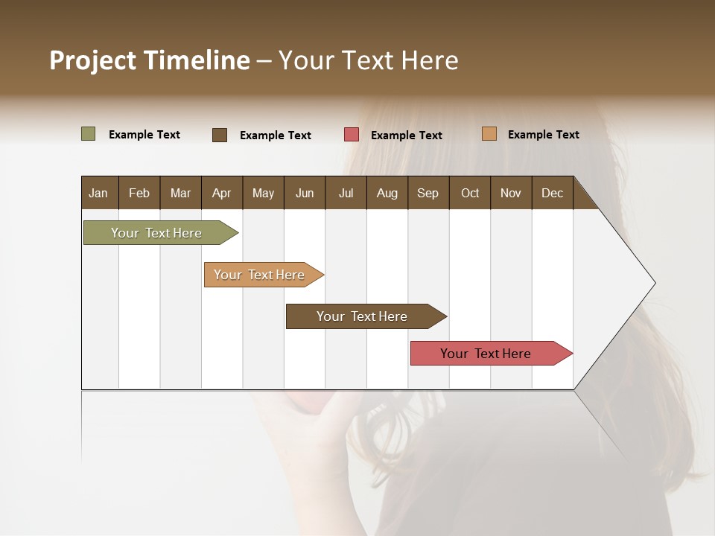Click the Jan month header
coord(98,193)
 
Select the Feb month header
coord(139,193)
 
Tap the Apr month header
coord(221,193)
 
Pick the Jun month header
coord(305,193)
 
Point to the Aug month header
coord(387,193)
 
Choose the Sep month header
coord(428,193)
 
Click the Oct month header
coord(470,193)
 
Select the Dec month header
coord(552,193)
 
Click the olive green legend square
coord(88,134)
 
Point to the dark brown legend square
coord(220,135)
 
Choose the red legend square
coord(352,135)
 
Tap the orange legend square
coord(489,134)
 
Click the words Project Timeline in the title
coord(150,60)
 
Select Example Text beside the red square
coord(406,135)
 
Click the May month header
coord(263,193)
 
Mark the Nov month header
coord(510,193)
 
